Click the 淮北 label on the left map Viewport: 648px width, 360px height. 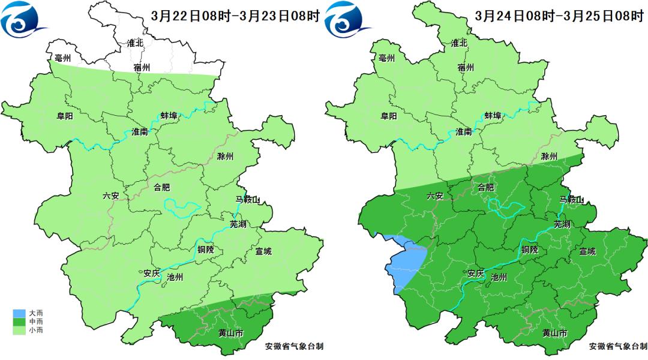(x=135, y=43)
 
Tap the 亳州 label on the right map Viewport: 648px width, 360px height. (x=387, y=58)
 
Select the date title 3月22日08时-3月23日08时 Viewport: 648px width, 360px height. (x=236, y=16)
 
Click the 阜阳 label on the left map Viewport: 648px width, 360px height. (x=64, y=116)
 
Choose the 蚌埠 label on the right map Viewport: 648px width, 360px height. (x=493, y=115)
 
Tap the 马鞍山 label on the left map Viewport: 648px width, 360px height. (x=247, y=200)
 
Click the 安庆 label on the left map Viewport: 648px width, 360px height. (x=151, y=273)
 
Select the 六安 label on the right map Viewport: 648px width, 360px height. (x=435, y=196)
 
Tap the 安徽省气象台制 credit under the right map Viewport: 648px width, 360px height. (x=618, y=346)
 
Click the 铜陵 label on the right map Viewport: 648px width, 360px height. (x=529, y=250)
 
